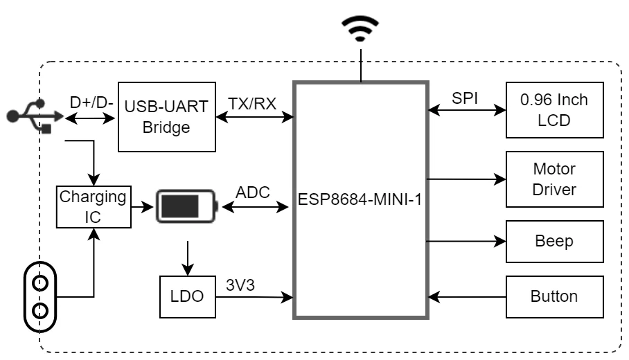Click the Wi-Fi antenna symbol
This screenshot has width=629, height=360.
tap(360, 29)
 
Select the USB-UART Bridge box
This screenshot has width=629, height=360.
tap(166, 117)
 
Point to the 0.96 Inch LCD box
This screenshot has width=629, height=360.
tap(554, 109)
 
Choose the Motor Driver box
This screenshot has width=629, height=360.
tap(554, 179)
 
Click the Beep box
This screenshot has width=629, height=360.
tap(554, 241)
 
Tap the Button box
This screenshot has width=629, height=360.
tap(554, 296)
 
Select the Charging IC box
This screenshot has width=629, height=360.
tap(93, 206)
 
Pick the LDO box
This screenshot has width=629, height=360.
tap(187, 296)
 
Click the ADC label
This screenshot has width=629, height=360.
tap(253, 192)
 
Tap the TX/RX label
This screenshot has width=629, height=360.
tap(252, 104)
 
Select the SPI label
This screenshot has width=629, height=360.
tap(465, 98)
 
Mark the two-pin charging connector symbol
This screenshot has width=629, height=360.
tap(40, 296)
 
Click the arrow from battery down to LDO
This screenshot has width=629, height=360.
tap(186, 257)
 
